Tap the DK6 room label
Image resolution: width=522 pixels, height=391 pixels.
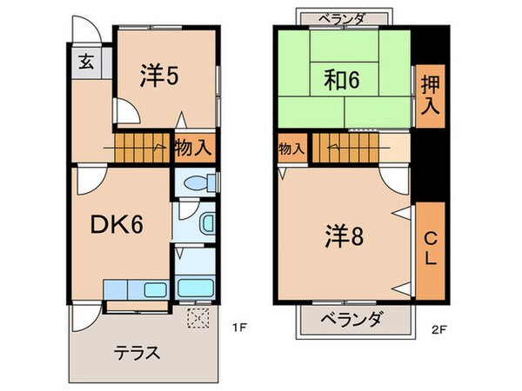click(117, 225)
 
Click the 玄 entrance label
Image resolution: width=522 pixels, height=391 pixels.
click(88, 62)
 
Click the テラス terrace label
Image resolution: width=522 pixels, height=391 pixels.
click(137, 353)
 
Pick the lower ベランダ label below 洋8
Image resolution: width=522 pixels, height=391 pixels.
click(348, 321)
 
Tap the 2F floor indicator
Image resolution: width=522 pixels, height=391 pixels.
click(438, 328)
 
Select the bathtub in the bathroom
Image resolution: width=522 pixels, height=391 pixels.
click(196, 288)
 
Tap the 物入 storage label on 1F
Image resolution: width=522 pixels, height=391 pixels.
click(192, 147)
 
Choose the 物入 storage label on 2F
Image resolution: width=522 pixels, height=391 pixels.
click(291, 149)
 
